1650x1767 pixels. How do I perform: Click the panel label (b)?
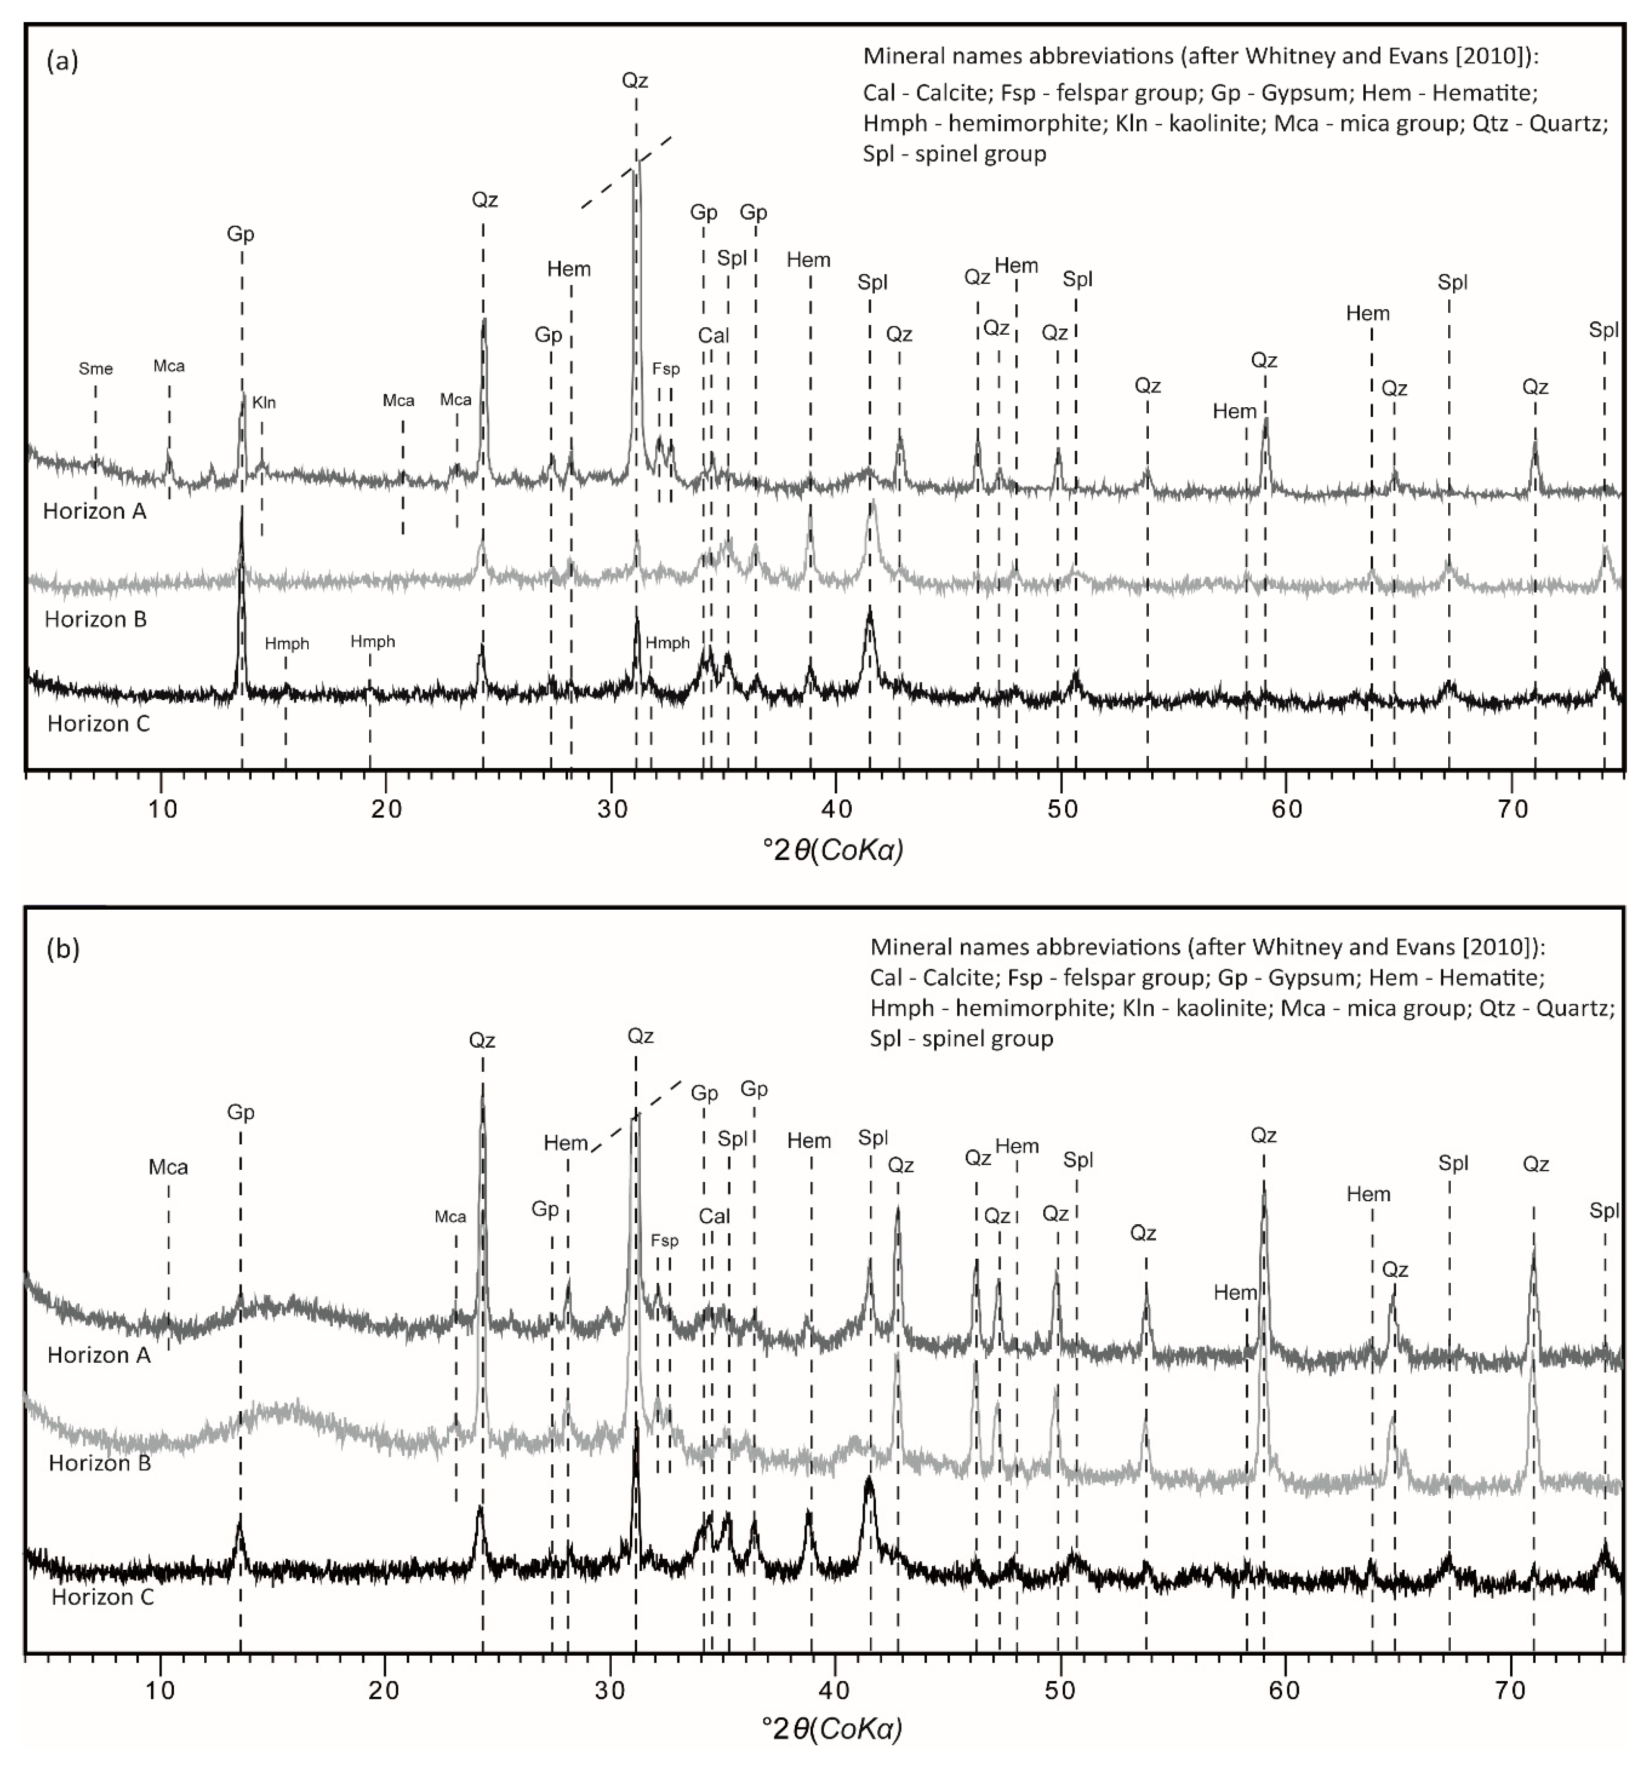point(62,949)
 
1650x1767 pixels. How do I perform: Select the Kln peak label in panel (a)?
point(264,403)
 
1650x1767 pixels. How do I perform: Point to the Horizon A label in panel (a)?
point(94,511)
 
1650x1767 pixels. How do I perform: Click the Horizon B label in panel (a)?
point(95,620)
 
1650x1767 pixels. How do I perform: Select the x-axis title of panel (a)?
point(833,850)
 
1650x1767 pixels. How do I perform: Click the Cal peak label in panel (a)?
point(713,336)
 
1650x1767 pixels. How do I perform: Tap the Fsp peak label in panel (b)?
point(664,1241)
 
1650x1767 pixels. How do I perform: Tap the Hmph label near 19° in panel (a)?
point(373,642)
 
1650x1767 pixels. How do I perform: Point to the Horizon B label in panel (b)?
point(100,1464)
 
